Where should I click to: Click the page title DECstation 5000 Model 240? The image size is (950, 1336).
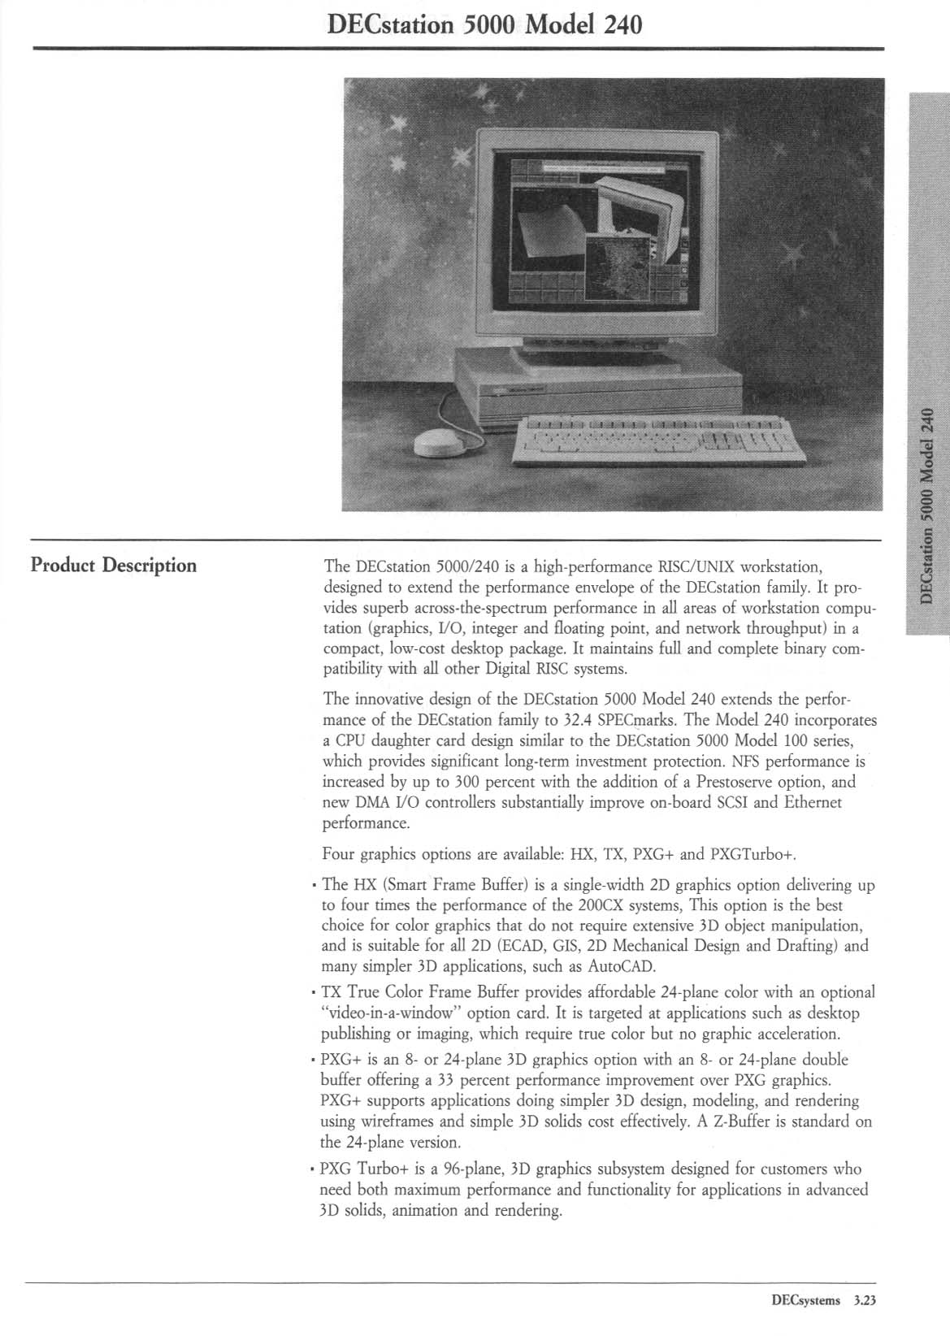[x=484, y=25]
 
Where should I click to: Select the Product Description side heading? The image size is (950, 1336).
[x=113, y=565]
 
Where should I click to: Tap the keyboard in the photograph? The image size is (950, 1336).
[x=658, y=440]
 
